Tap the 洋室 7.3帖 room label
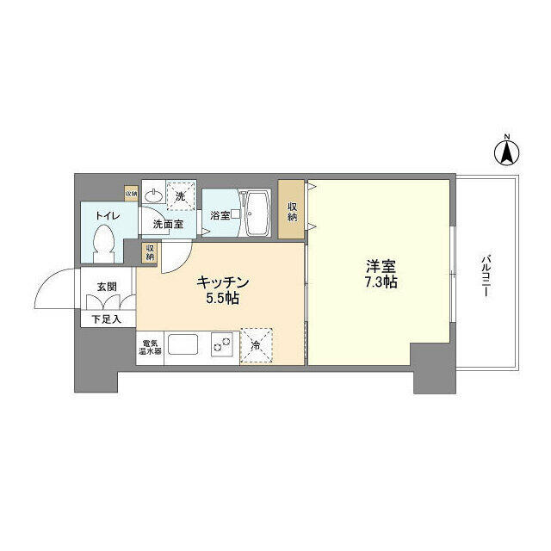(379, 274)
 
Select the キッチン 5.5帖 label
(223, 290)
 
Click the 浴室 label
(220, 215)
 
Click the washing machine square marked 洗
(180, 195)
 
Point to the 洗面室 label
(168, 224)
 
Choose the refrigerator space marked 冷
(257, 344)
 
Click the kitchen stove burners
(220, 345)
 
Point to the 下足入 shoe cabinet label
(107, 319)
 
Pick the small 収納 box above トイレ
(131, 194)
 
